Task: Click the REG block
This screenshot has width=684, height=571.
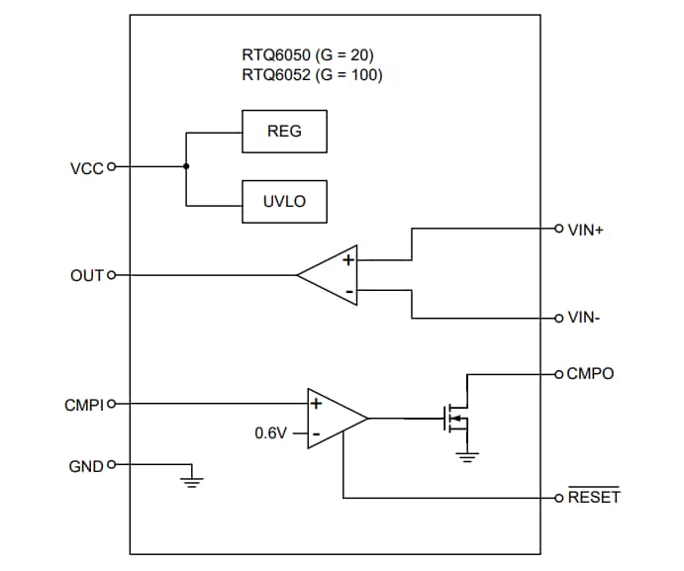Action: (284, 132)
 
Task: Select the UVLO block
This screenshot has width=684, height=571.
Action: (284, 202)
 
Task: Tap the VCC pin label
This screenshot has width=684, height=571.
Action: (86, 167)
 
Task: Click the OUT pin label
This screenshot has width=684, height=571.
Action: (86, 274)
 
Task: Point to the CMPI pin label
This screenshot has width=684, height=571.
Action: (83, 404)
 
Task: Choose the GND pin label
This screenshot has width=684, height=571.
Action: (86, 464)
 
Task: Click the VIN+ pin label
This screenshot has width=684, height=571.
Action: (586, 230)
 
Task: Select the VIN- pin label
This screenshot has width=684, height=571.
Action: (585, 319)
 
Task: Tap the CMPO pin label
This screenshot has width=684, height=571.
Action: (590, 374)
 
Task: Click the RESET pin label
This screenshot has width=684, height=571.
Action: (593, 497)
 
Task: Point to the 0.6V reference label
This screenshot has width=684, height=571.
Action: (271, 433)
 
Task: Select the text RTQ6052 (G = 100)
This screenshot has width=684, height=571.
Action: (312, 74)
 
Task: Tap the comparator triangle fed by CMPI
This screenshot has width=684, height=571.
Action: (334, 419)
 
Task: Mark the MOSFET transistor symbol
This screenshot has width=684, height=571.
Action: (454, 419)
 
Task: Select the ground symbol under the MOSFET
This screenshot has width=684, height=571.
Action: (467, 455)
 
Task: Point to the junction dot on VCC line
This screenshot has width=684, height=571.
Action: (185, 167)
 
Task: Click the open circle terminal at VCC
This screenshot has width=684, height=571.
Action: (111, 167)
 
